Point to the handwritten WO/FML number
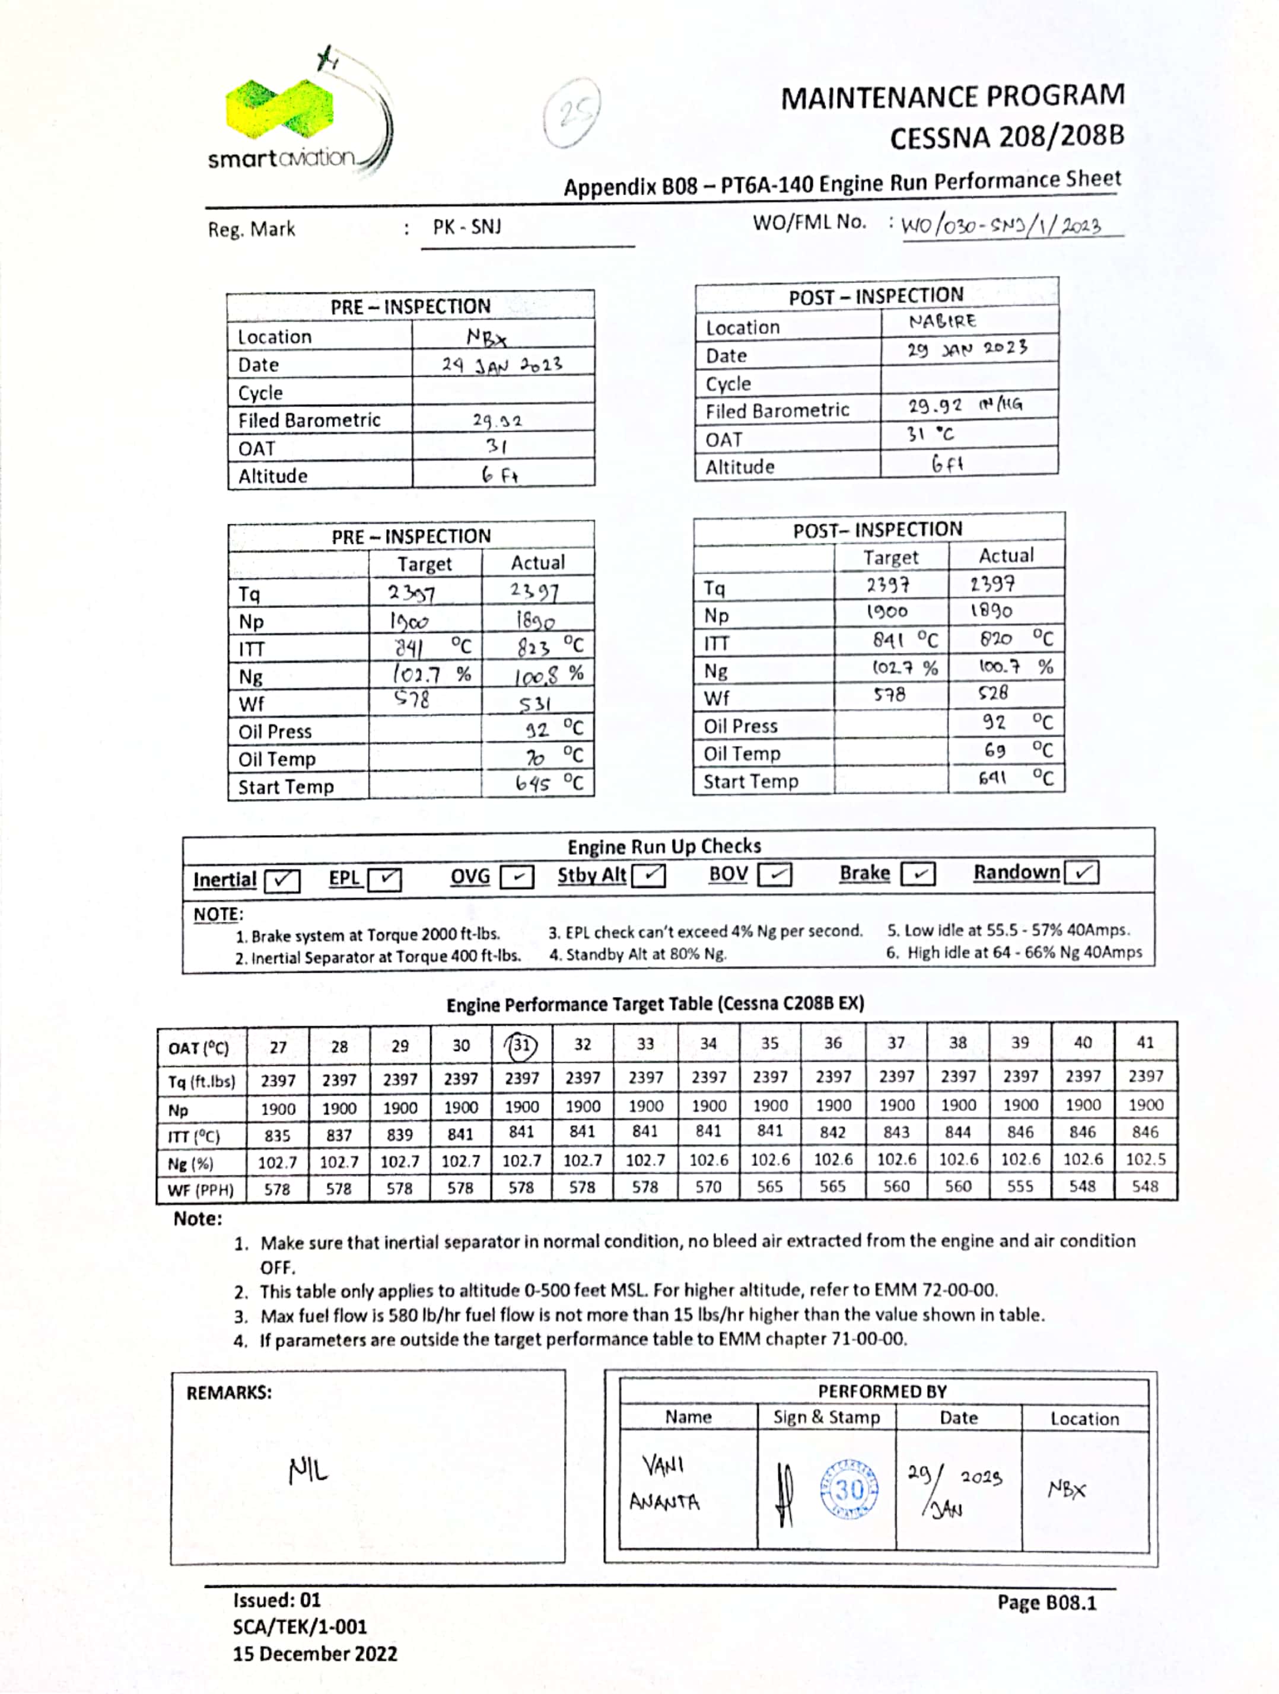1000,225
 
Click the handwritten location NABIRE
942,321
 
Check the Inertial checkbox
282,880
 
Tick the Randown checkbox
1081,873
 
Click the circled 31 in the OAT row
521,1045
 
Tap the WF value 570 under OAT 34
708,1187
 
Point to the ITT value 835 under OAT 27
277,1136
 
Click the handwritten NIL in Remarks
308,1470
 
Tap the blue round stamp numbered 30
848,1489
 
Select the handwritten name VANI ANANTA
664,1483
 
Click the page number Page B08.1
1046,1602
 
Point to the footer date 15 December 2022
315,1654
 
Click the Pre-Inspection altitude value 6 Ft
499,476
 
